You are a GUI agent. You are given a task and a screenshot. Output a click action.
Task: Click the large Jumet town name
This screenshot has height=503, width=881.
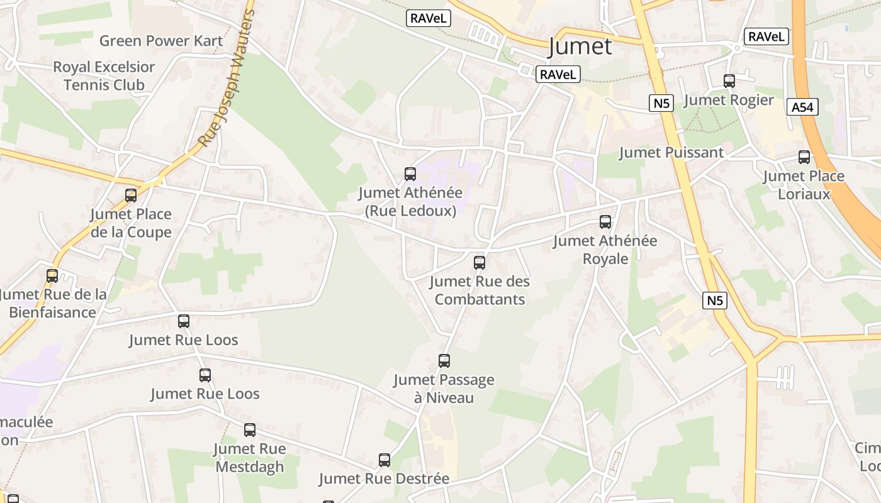pos(580,47)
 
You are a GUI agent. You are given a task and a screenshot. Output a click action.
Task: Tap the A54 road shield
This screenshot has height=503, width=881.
pos(802,108)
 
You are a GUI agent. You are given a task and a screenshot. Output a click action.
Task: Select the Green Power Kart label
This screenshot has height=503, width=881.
pos(161,41)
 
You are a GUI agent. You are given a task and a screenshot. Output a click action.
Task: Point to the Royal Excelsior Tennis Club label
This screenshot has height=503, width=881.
pos(104,76)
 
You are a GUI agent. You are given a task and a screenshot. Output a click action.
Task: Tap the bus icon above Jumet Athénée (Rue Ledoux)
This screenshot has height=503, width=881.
pos(410,174)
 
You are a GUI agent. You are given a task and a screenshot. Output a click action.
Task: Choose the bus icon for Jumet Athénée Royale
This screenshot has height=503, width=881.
pos(605,222)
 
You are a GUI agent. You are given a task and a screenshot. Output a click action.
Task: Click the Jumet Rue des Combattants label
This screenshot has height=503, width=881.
pos(480,290)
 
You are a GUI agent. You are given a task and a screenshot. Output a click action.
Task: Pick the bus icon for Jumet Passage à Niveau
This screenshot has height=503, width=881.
pos(444,361)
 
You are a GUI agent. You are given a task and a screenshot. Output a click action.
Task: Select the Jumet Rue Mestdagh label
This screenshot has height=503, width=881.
pos(250,458)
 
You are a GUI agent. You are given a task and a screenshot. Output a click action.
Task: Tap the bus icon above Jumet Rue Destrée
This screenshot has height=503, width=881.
pos(384,460)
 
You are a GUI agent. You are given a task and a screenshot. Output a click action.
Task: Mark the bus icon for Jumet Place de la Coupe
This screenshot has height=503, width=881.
pos(131,196)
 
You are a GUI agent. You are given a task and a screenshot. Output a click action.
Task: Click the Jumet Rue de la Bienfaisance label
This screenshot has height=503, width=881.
pos(53,303)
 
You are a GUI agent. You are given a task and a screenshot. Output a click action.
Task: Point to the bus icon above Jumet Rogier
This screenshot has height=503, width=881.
pos(729,81)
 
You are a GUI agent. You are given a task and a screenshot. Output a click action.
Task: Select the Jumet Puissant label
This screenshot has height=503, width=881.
pos(671,152)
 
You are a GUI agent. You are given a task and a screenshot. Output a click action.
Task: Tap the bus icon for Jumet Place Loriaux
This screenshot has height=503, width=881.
pos(804,157)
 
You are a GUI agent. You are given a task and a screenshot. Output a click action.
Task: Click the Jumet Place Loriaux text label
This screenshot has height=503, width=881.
pos(804,185)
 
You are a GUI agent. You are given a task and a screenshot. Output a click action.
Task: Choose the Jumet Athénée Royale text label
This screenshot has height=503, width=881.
pos(605,250)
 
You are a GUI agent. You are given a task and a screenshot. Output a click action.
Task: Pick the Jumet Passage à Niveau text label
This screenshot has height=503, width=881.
pos(444,389)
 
